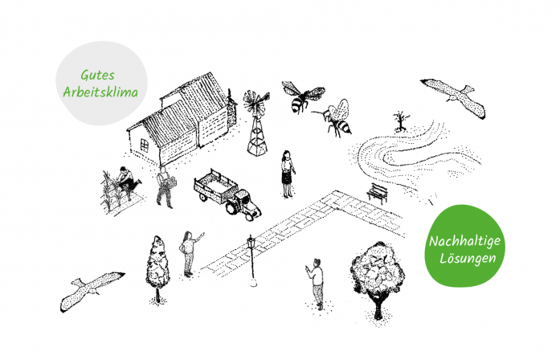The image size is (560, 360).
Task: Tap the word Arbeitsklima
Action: click(100, 92)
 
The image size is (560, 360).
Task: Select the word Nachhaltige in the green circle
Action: click(464, 242)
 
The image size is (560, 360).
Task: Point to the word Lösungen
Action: click(468, 258)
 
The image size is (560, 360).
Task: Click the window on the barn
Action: click(145, 145)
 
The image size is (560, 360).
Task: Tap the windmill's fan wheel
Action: click(255, 102)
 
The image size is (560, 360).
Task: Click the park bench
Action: click(378, 193)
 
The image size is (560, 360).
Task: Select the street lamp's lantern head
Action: click(251, 242)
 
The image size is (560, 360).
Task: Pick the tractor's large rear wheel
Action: click(232, 208)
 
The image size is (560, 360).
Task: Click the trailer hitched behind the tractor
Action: click(215, 186)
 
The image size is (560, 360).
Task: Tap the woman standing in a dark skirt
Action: click(287, 174)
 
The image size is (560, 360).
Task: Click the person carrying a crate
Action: click(166, 186)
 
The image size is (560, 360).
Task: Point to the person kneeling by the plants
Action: click(128, 181)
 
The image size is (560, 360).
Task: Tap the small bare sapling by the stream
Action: click(401, 121)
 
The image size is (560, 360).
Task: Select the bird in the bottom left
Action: click(91, 290)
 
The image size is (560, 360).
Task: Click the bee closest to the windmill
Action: click(303, 96)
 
